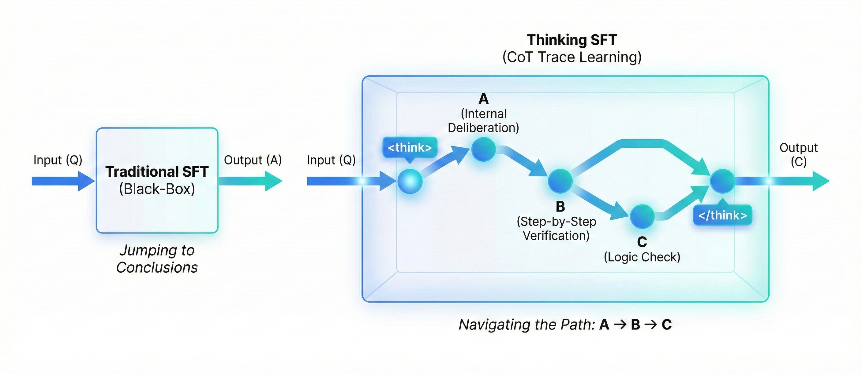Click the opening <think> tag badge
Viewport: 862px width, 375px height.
tap(410, 147)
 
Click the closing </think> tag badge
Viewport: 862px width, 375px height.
tap(722, 215)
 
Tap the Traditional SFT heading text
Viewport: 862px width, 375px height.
tap(157, 172)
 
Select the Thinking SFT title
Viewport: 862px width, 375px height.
tap(572, 40)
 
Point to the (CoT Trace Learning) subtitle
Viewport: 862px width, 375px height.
tap(572, 57)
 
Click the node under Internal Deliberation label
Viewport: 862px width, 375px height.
tap(483, 149)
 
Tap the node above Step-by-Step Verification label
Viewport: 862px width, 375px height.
tap(560, 181)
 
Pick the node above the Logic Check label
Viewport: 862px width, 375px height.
tap(642, 216)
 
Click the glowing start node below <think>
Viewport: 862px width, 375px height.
tap(410, 181)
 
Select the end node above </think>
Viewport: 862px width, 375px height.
tap(722, 181)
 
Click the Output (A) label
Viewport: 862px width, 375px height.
tap(253, 160)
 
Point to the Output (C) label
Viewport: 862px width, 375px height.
tap(798, 154)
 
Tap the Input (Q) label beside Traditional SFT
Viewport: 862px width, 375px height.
tap(58, 160)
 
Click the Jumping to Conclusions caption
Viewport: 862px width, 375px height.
tap(157, 259)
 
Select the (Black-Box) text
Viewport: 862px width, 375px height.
tap(157, 189)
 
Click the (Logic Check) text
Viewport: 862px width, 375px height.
tap(642, 257)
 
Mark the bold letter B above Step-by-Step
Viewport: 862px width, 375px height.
tap(560, 207)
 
